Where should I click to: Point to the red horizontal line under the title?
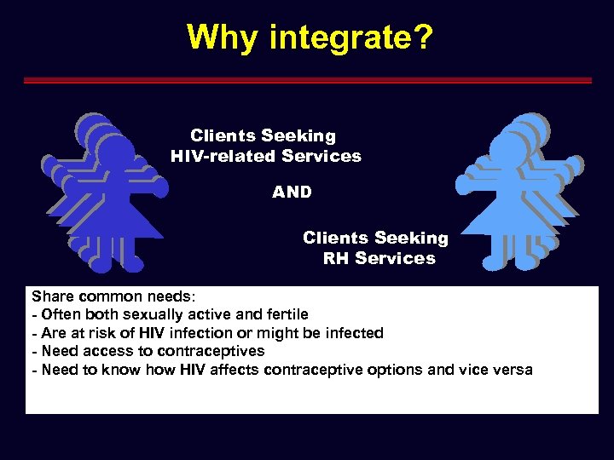[307, 81]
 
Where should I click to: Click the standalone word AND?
[292, 193]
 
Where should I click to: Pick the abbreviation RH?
[336, 259]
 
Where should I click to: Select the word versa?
[510, 370]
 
